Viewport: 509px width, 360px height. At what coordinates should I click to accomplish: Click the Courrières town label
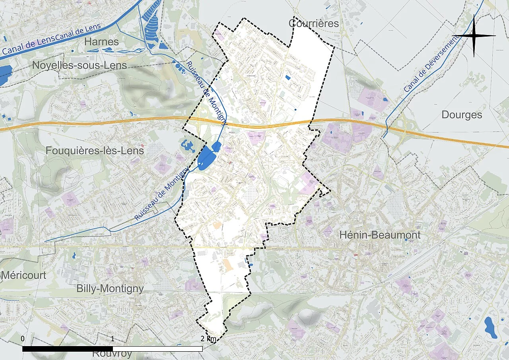click(x=314, y=23)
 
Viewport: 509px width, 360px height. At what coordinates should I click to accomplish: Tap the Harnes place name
click(x=101, y=42)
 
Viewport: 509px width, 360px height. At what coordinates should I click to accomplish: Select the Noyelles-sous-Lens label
click(x=80, y=65)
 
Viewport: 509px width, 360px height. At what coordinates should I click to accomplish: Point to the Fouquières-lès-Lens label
click(x=95, y=151)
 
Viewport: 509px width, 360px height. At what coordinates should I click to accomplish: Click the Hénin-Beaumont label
click(x=380, y=235)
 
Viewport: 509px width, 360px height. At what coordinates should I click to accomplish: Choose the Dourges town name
click(x=462, y=115)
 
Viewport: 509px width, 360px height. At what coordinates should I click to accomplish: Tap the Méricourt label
click(x=23, y=275)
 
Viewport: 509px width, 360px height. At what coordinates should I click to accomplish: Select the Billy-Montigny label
click(x=110, y=288)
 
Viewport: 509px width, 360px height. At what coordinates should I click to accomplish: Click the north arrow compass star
click(x=474, y=36)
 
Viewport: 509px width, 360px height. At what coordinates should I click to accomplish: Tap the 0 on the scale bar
click(x=23, y=339)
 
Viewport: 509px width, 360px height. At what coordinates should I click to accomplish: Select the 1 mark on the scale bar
click(x=113, y=339)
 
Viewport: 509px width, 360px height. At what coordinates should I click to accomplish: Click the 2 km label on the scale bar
click(x=209, y=339)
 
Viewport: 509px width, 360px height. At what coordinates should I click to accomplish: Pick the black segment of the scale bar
click(x=68, y=349)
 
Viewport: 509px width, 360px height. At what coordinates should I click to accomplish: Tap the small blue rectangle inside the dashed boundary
click(x=288, y=78)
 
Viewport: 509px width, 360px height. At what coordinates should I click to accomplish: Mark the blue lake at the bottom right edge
click(x=491, y=327)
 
